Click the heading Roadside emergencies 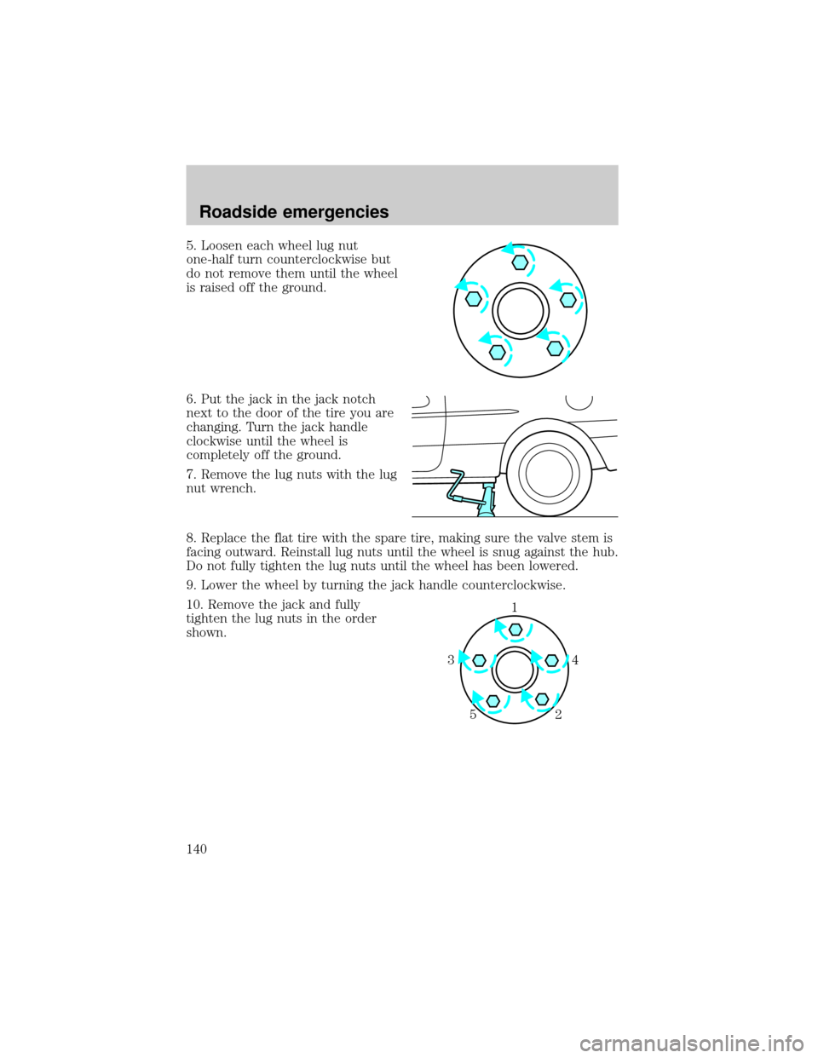point(294,212)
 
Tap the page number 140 point(197,848)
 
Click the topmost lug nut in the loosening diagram point(520,262)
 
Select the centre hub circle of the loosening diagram point(521,311)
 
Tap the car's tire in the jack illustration point(550,474)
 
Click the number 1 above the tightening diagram point(514,607)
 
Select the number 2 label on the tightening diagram point(558,715)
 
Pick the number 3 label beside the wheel point(451,660)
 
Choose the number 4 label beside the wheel point(575,660)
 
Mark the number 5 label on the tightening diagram point(473,715)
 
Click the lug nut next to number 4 point(551,660)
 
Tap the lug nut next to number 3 point(480,660)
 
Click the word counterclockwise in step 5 point(313,258)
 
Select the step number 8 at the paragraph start point(190,538)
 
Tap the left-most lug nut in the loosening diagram point(472,298)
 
